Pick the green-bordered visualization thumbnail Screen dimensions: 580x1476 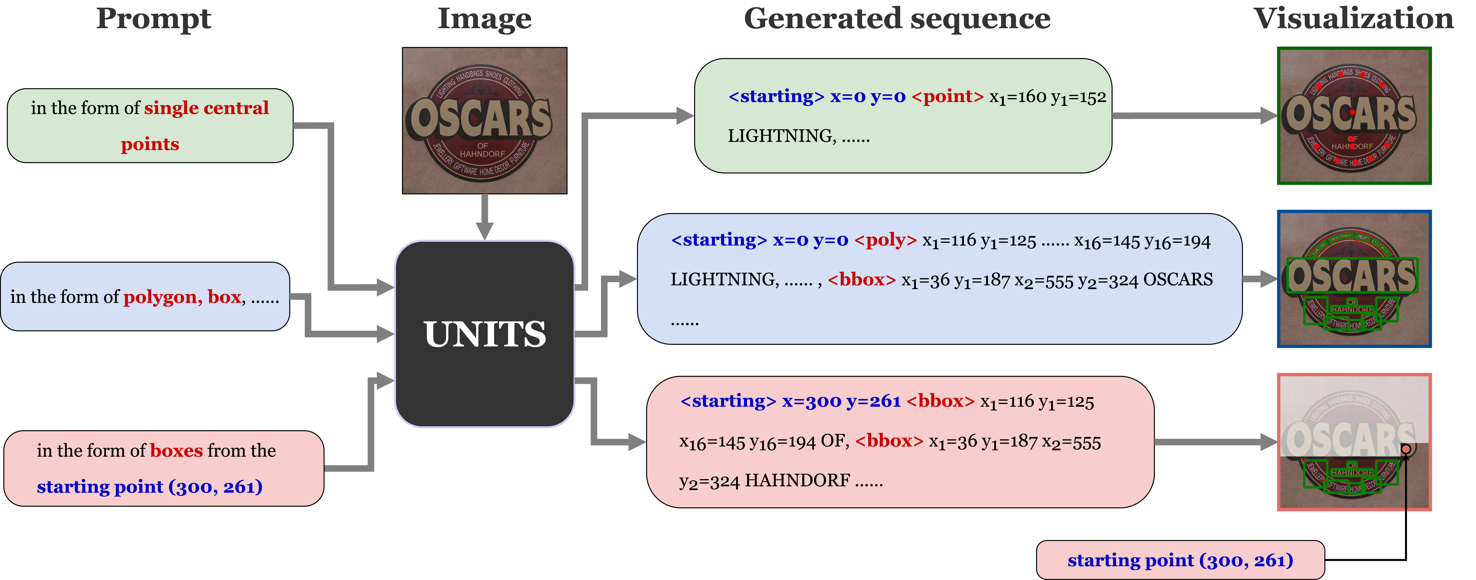1354,116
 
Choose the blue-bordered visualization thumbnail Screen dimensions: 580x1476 1354,279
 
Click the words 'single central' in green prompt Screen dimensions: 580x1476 206,108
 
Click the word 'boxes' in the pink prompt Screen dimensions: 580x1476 177,450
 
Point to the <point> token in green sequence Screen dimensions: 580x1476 947,96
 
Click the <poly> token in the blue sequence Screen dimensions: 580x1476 885,240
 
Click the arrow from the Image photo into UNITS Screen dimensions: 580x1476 485,217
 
